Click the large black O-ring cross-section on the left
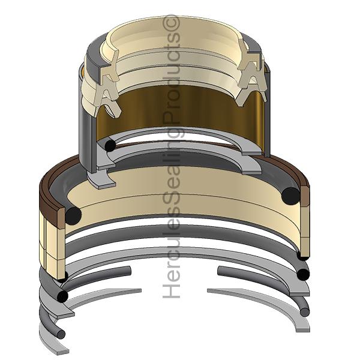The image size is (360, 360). tap(73, 215)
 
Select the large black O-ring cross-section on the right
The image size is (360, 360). tap(290, 196)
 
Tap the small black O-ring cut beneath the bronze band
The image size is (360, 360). tap(110, 146)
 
